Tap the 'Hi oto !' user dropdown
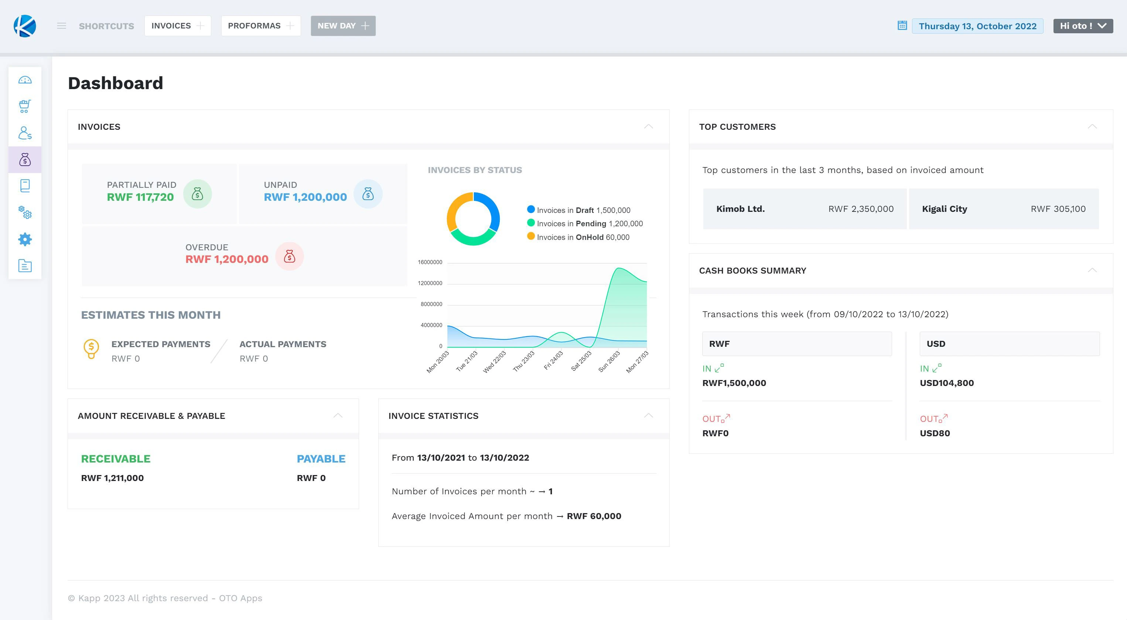pos(1082,26)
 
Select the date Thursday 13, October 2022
pos(977,26)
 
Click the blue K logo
pos(24,26)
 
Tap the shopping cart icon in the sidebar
pos(25,106)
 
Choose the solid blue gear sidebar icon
pos(25,239)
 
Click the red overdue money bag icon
pos(289,256)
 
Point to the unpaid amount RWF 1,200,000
pos(305,197)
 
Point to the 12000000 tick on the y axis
pos(430,283)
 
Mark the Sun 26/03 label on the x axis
pos(609,361)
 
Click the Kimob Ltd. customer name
pos(740,209)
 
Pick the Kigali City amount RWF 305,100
pos(1058,209)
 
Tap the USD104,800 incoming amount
pos(946,383)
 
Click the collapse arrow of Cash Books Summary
pos(1092,270)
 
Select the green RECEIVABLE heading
pos(116,459)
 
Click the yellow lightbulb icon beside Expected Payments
pos(91,349)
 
